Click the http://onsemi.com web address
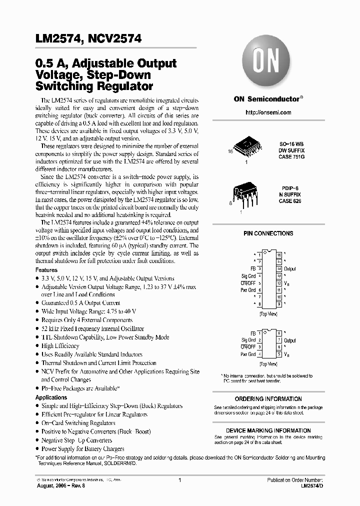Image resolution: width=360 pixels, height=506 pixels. pos(268,112)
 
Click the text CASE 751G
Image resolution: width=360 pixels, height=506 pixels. pos(291,157)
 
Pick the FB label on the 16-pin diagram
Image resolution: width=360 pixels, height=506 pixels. pos(253,268)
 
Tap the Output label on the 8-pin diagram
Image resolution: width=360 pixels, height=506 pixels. pos(290,340)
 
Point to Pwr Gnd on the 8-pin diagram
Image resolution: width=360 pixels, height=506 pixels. pos(248,354)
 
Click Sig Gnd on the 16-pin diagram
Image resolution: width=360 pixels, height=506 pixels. pos(248,275)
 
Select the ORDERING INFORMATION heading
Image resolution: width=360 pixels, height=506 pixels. pos(268,399)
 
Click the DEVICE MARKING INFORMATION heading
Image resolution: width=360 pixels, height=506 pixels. pos(268,430)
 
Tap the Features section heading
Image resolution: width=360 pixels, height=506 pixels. pos(46,269)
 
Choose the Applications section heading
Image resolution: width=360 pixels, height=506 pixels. pos(51,397)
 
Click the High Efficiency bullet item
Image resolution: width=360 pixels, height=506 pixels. pos(60,345)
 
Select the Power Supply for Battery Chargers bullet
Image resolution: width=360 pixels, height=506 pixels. pos(82,448)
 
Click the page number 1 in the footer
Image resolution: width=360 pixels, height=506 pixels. pos(179,479)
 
